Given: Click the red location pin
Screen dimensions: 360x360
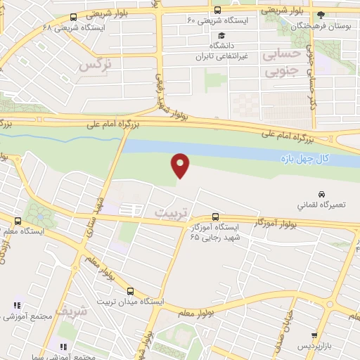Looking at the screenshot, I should click(x=181, y=165).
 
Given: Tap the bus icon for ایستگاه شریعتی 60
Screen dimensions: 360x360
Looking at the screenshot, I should click(x=217, y=11).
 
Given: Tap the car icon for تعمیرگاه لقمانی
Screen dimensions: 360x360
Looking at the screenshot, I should click(x=321, y=193).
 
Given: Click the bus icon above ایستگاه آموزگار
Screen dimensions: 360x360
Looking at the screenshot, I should click(x=215, y=217).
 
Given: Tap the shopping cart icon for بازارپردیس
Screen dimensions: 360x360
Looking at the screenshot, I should click(x=314, y=335).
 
